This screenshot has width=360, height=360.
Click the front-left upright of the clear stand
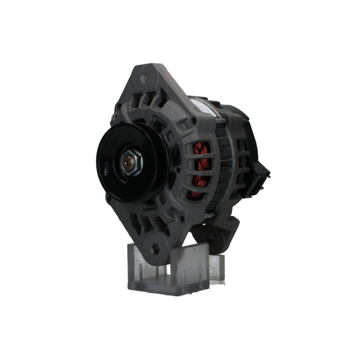[136, 265]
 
